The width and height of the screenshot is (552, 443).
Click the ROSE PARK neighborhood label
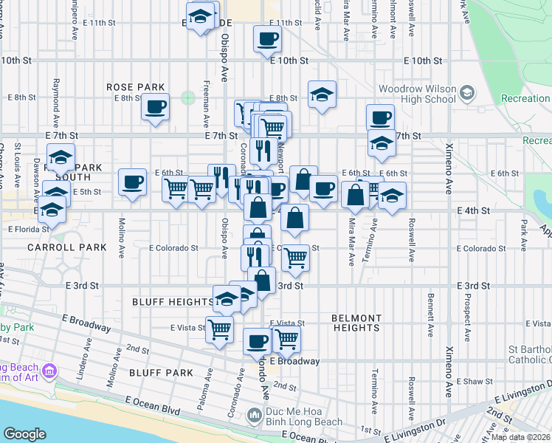click(134, 86)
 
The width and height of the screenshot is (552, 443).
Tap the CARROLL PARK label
click(67, 247)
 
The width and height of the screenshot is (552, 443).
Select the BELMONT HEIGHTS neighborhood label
click(356, 322)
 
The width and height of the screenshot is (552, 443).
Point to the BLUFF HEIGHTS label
click(172, 302)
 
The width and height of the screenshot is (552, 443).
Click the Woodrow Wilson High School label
click(417, 94)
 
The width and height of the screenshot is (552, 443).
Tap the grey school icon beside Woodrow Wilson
click(466, 92)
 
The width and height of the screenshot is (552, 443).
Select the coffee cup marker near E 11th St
click(267, 38)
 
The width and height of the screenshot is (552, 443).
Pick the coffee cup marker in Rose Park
click(156, 106)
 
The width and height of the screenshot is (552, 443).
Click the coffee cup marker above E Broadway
click(257, 340)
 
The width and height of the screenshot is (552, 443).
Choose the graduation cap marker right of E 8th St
click(322, 94)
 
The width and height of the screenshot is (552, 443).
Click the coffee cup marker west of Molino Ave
click(133, 181)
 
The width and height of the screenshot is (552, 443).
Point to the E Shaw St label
click(474, 381)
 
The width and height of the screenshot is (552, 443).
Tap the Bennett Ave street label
click(429, 312)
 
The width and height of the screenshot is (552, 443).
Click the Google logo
click(24, 434)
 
